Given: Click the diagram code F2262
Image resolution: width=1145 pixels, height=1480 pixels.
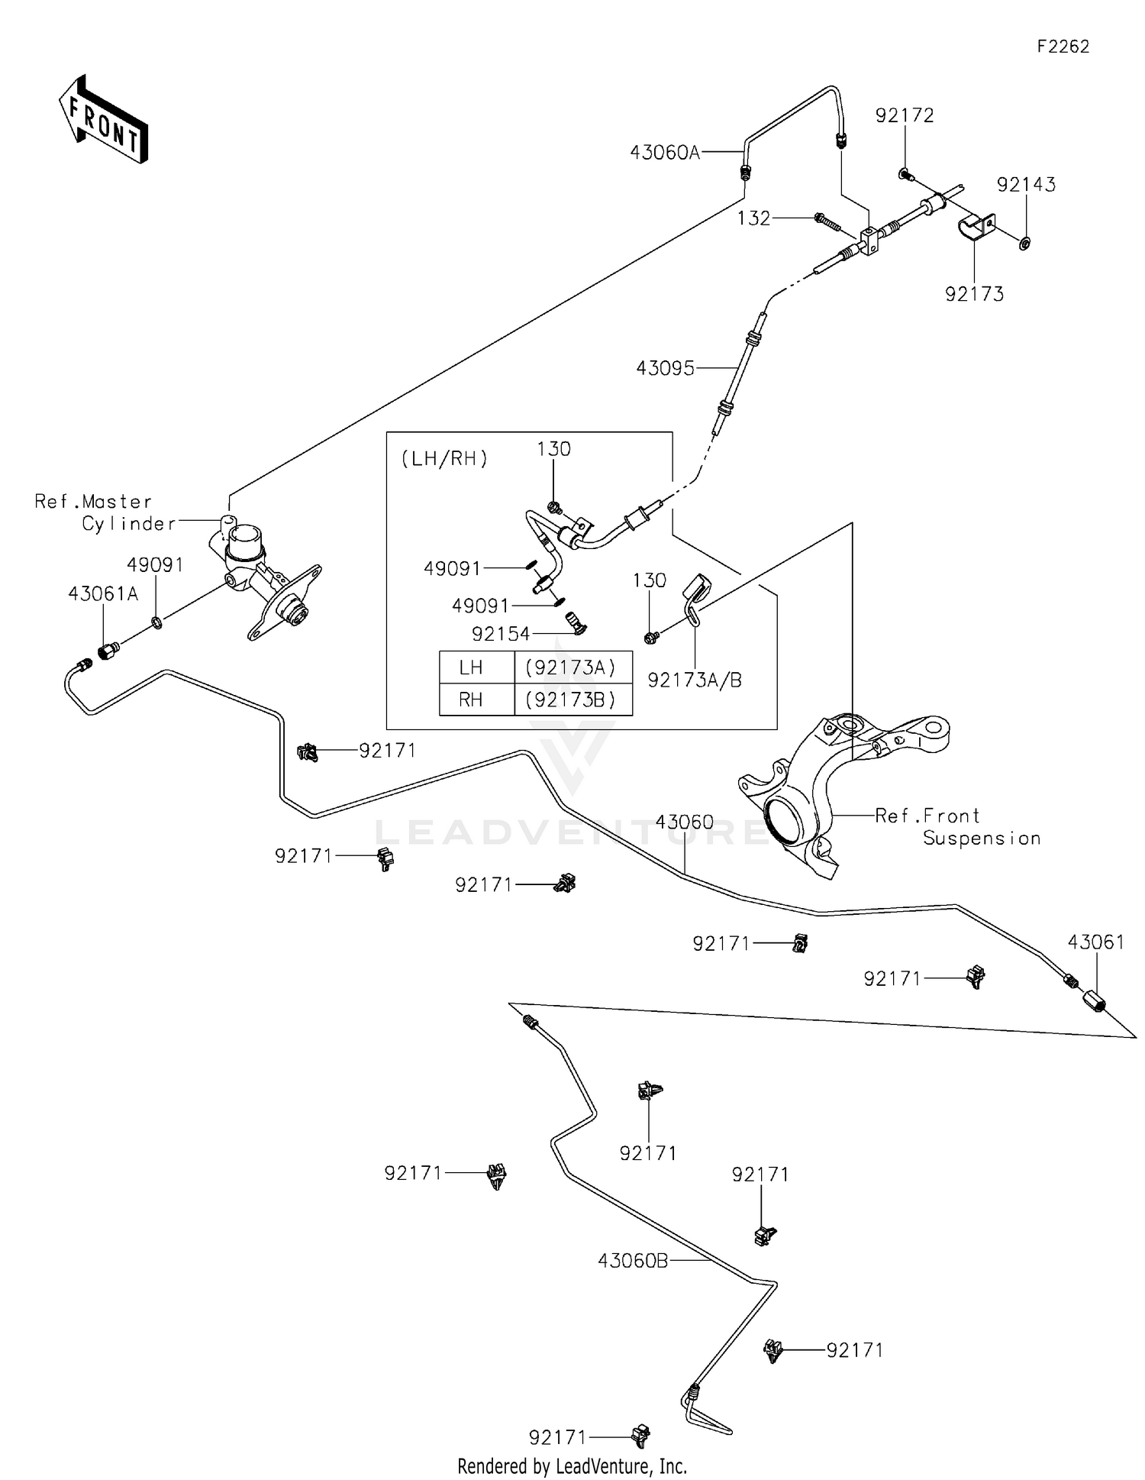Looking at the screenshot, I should pos(1063,47).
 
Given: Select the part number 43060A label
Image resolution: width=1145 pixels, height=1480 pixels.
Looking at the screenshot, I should pos(664,153).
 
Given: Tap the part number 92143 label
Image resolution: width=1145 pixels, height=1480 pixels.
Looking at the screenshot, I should pos(1026,185).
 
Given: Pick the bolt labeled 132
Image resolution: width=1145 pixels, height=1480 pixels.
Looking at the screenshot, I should pos(827,222).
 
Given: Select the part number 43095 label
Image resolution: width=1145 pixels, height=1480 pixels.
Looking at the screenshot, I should pos(665,369).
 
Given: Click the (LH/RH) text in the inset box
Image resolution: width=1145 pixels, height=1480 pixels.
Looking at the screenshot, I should pos(444,459).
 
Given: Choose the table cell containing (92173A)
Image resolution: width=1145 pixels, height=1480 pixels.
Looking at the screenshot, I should pos(572,668).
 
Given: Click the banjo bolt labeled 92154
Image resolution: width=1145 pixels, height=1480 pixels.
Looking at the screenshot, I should pos(574,623).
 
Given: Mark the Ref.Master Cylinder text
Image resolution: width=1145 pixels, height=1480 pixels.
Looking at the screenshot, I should pos(105,512).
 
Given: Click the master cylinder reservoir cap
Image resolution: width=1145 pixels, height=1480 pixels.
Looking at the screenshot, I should pos(244,537).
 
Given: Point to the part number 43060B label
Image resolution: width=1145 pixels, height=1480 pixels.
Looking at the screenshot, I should pos(633,1261).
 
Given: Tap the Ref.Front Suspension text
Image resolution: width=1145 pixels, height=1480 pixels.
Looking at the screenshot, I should pos(958,827).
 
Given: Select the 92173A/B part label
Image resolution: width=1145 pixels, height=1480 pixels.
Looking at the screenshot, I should pos(695,680).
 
